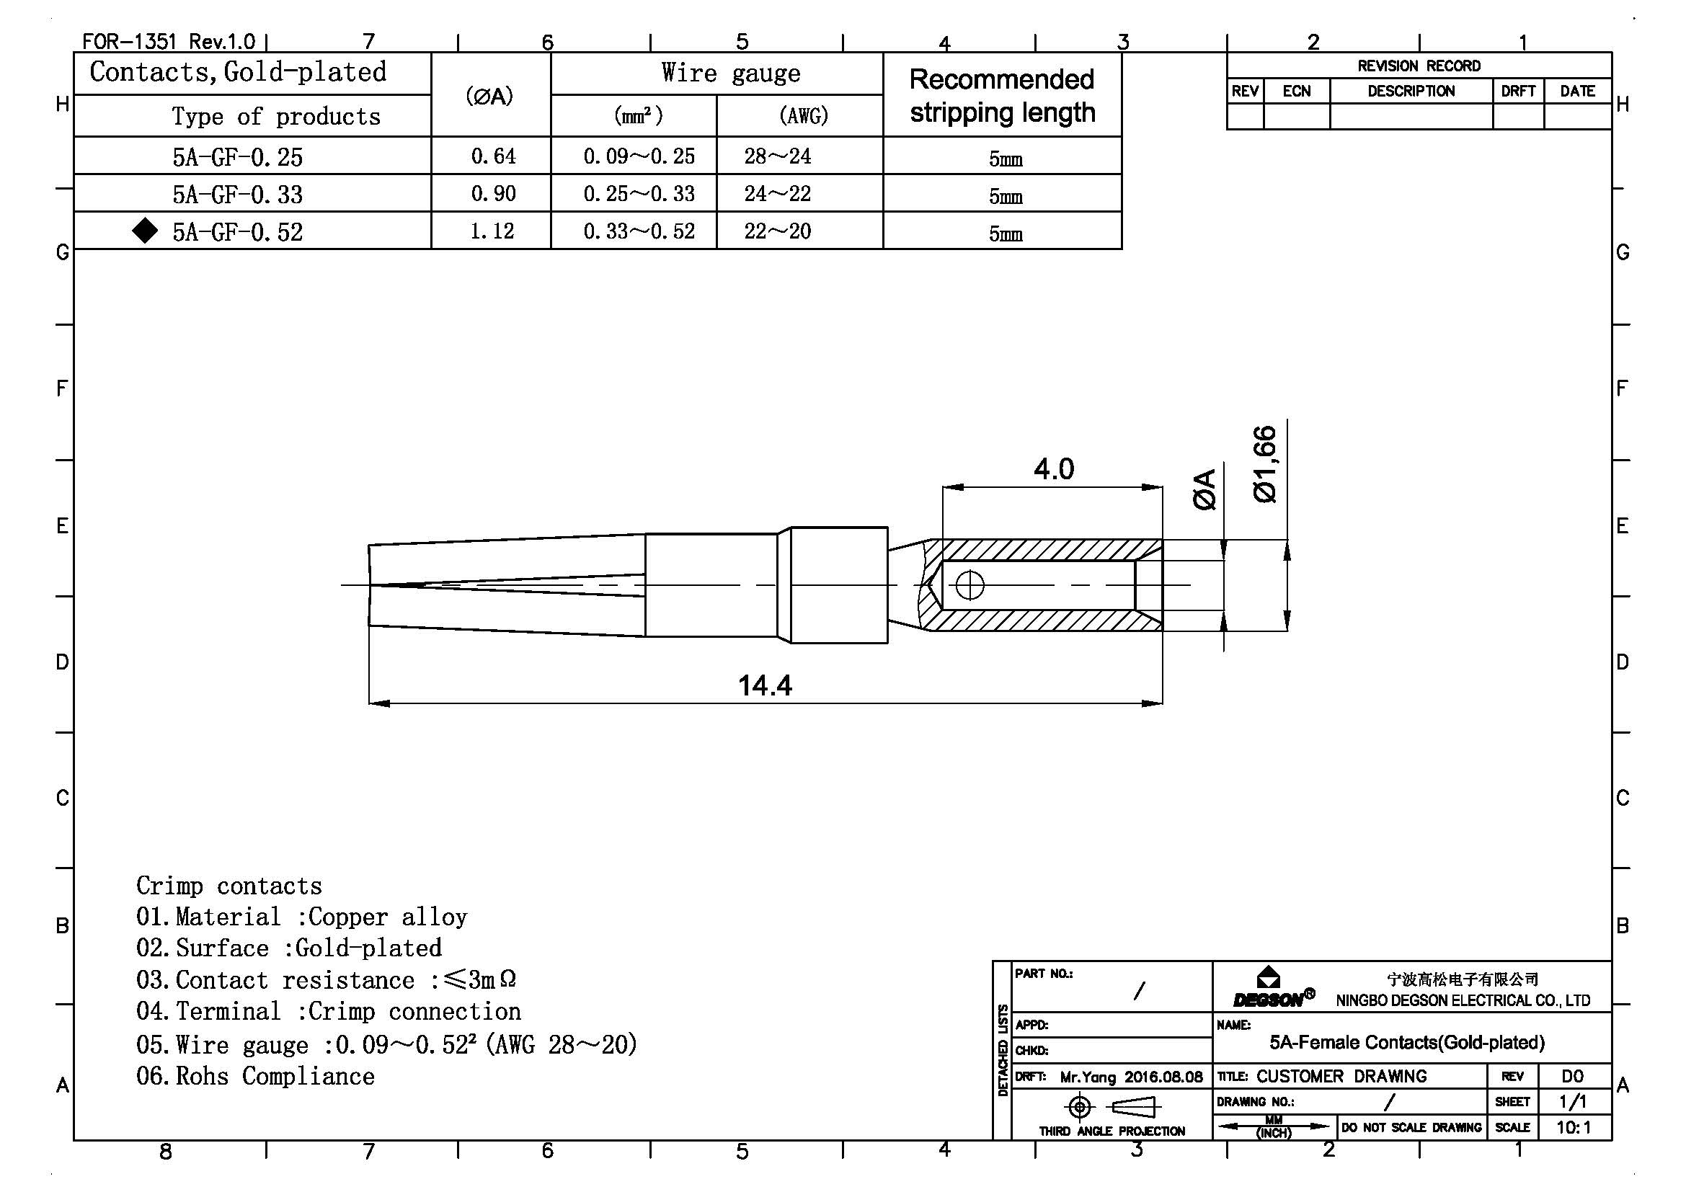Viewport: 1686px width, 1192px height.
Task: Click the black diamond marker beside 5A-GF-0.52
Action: pyautogui.click(x=146, y=231)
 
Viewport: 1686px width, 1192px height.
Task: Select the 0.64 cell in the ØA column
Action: pyautogui.click(x=493, y=156)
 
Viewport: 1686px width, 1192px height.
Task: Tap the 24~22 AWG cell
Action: pyautogui.click(x=777, y=194)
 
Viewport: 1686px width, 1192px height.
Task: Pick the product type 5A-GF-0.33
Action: pyautogui.click(x=237, y=195)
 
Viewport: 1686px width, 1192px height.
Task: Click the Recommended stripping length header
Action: pyautogui.click(x=1002, y=95)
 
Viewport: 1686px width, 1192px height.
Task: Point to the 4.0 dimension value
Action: pyautogui.click(x=1053, y=469)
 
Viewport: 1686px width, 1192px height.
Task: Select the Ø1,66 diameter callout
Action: pyautogui.click(x=1265, y=464)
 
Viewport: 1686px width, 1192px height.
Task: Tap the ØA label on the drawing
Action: pyautogui.click(x=1204, y=489)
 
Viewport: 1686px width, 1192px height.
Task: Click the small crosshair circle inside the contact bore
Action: pyautogui.click(x=970, y=586)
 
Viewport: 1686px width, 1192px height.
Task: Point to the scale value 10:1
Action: pyautogui.click(x=1573, y=1127)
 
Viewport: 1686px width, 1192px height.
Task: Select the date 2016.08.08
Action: pyautogui.click(x=1163, y=1077)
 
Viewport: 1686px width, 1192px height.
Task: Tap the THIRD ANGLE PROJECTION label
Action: pyautogui.click(x=1111, y=1131)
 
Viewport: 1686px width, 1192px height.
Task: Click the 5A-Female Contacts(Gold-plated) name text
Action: pyautogui.click(x=1406, y=1042)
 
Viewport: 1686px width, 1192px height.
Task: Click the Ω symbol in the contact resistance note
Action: pyautogui.click(x=507, y=979)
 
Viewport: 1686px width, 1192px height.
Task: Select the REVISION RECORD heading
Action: pyautogui.click(x=1418, y=66)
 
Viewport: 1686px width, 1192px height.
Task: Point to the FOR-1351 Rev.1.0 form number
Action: pyautogui.click(x=168, y=41)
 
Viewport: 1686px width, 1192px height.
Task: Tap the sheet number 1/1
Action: pyautogui.click(x=1572, y=1102)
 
